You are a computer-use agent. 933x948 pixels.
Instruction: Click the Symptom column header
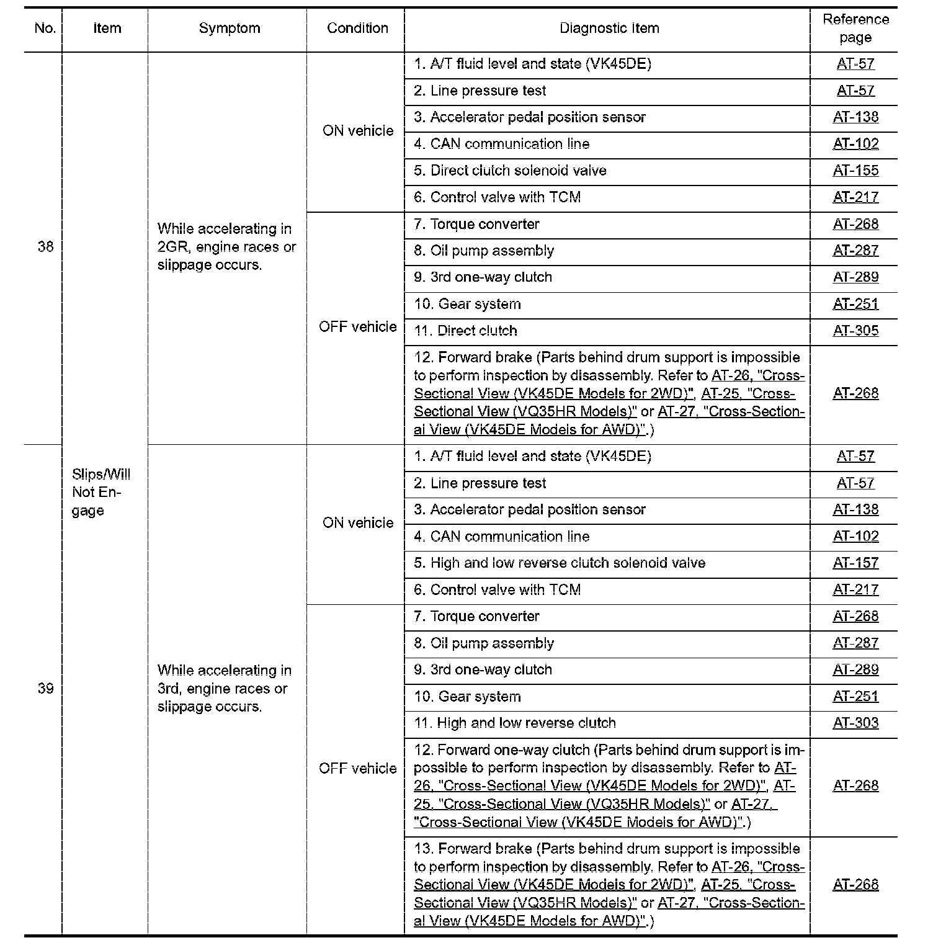point(229,29)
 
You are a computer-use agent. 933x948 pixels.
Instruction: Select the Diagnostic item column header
point(609,29)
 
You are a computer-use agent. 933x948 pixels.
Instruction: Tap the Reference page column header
point(855,29)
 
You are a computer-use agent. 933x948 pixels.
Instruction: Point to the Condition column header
point(357,29)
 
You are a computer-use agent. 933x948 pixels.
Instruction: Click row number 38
point(45,247)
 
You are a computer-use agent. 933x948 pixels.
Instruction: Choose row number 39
point(45,689)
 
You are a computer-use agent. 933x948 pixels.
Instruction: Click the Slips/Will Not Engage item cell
point(101,493)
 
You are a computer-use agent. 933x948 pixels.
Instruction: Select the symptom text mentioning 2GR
point(226,247)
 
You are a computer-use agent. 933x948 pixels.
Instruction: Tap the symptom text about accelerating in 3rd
point(224,689)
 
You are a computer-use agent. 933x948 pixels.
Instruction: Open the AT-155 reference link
point(855,171)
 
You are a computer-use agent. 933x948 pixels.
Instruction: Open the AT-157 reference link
point(855,563)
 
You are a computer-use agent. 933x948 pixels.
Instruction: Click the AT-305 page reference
point(855,331)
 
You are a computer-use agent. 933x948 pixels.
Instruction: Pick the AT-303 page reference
point(855,723)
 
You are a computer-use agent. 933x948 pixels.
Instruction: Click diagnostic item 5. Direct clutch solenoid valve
point(510,171)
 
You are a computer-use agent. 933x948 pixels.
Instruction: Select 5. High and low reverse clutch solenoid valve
point(560,563)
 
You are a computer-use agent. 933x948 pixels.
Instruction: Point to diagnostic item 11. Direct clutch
point(465,331)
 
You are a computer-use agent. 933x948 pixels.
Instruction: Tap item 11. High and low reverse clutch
point(515,723)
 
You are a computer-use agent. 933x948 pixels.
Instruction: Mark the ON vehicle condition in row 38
point(358,131)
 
